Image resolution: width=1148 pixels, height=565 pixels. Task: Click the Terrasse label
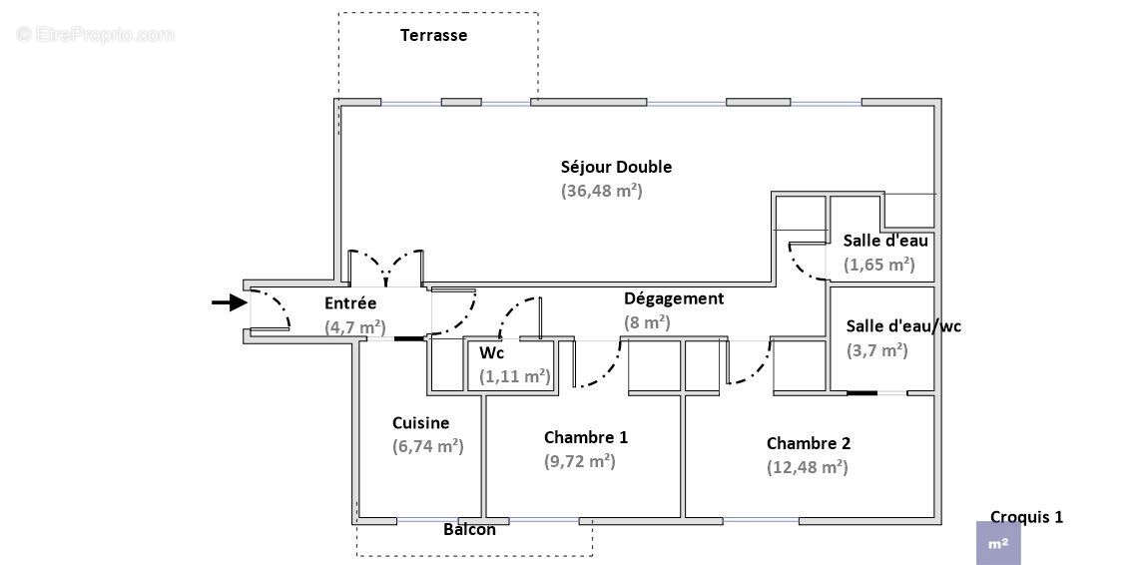[x=433, y=36]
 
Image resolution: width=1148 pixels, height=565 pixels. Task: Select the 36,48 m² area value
[x=601, y=190]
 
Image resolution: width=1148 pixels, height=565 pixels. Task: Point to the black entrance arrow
[x=229, y=302]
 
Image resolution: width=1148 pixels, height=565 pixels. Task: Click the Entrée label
[x=350, y=303]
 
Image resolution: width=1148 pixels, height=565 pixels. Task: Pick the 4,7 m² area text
[x=354, y=326]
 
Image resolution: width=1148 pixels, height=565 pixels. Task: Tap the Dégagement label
[x=674, y=298]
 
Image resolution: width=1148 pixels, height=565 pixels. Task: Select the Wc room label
[x=491, y=353]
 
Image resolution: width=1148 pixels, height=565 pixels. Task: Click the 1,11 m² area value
[x=514, y=376]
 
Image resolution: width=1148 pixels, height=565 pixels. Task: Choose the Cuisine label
[x=420, y=423]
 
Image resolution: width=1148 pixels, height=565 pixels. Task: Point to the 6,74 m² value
[x=427, y=446]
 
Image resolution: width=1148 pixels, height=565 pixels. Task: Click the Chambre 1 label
[x=586, y=437]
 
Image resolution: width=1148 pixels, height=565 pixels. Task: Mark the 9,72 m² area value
[x=579, y=461]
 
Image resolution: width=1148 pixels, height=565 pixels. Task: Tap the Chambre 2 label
[x=809, y=443]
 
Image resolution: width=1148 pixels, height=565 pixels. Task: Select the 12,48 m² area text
[x=807, y=467]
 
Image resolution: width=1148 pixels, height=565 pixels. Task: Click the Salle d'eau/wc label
[x=903, y=326]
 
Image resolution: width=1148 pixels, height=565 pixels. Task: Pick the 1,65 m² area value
[x=878, y=265]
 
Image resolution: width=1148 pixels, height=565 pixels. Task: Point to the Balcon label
[x=469, y=529]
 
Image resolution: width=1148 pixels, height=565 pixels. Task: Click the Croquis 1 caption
[x=1026, y=517]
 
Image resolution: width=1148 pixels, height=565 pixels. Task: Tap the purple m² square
[x=998, y=544]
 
